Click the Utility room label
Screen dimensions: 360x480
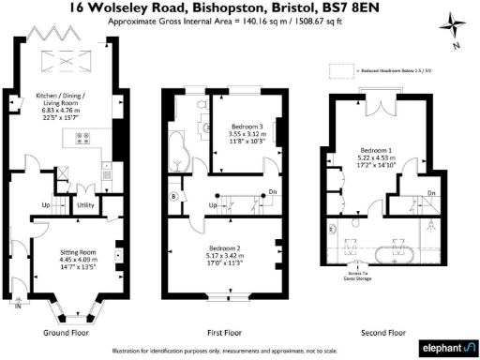point(85,203)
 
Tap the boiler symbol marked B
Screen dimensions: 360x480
point(173,196)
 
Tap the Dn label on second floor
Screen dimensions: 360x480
point(430,193)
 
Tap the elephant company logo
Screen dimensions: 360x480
point(443,345)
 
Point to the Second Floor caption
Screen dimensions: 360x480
point(383,332)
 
